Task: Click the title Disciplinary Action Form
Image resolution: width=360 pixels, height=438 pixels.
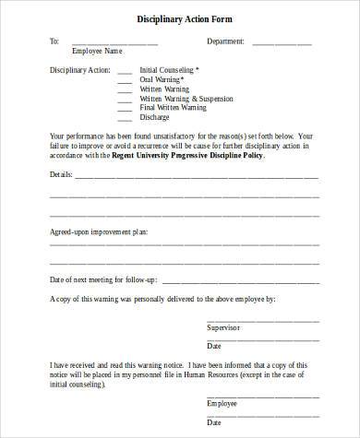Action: [179, 18]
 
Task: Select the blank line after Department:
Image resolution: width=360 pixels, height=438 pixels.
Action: [282, 43]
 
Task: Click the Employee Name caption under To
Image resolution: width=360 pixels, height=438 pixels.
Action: [97, 51]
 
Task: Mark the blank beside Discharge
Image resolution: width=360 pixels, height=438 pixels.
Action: [124, 118]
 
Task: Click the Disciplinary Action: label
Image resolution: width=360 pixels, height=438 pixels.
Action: [78, 70]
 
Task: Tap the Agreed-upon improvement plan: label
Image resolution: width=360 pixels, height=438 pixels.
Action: [98, 232]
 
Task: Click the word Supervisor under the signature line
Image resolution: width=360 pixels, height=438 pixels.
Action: [222, 328]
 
